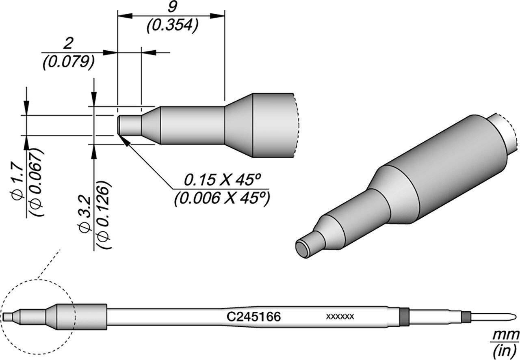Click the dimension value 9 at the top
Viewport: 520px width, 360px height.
[x=171, y=7]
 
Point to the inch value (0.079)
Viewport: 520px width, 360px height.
[x=68, y=62]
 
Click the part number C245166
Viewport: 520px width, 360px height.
[x=253, y=317]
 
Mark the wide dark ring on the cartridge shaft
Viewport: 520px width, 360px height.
[x=404, y=316]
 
